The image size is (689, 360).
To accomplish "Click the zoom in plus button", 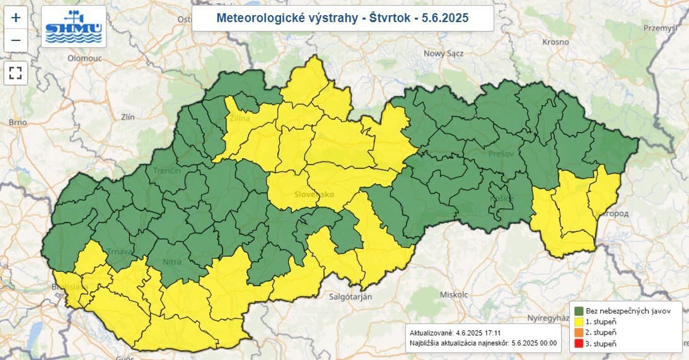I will (16, 18).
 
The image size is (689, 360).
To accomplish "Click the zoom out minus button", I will (16, 41).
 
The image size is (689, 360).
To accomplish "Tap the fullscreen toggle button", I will (16, 73).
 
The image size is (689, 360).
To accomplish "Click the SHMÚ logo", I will (74, 27).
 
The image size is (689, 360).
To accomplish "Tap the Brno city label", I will (16, 122).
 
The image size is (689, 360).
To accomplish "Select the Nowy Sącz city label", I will (443, 54).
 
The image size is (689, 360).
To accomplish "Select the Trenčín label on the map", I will (167, 171).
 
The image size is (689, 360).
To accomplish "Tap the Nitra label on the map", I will (171, 261).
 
